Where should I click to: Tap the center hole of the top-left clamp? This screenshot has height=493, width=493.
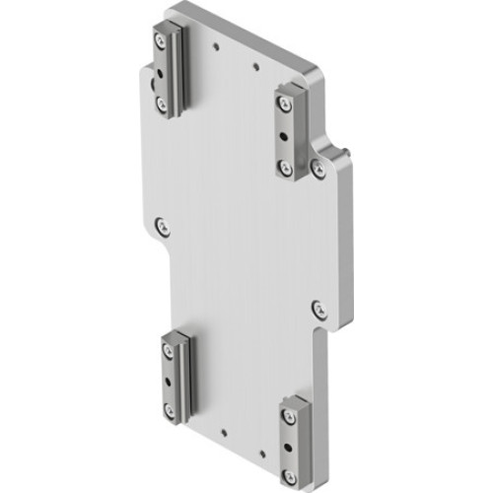(x=160, y=71)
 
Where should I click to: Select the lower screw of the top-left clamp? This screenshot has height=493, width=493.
(x=160, y=100)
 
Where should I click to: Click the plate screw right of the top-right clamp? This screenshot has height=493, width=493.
(x=317, y=169)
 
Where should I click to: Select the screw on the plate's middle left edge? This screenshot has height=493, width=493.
(x=163, y=226)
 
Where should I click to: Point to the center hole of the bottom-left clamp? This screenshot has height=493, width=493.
(x=168, y=379)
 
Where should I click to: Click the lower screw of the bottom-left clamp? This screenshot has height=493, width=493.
(x=168, y=407)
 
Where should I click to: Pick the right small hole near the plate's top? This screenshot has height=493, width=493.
(x=255, y=67)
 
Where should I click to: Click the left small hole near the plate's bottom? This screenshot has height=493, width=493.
(x=225, y=430)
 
